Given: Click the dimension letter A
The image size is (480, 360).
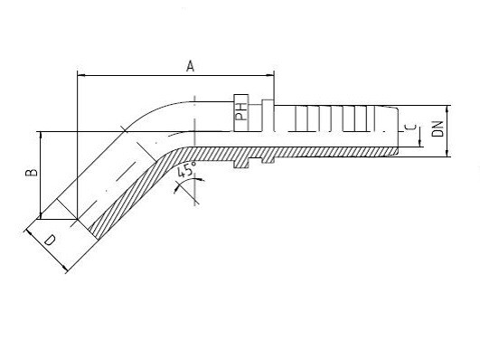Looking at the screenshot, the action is [191, 66].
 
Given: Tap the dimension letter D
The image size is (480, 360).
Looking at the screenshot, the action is [50, 241].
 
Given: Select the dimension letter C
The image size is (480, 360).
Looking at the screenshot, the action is [411, 128].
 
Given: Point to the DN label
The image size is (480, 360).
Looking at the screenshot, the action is [438, 128].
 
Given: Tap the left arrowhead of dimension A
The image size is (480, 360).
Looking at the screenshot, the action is [81, 75].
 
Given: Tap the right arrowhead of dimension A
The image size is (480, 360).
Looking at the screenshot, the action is [270, 75].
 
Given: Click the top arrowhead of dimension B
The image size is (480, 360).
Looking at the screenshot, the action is [40, 136].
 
